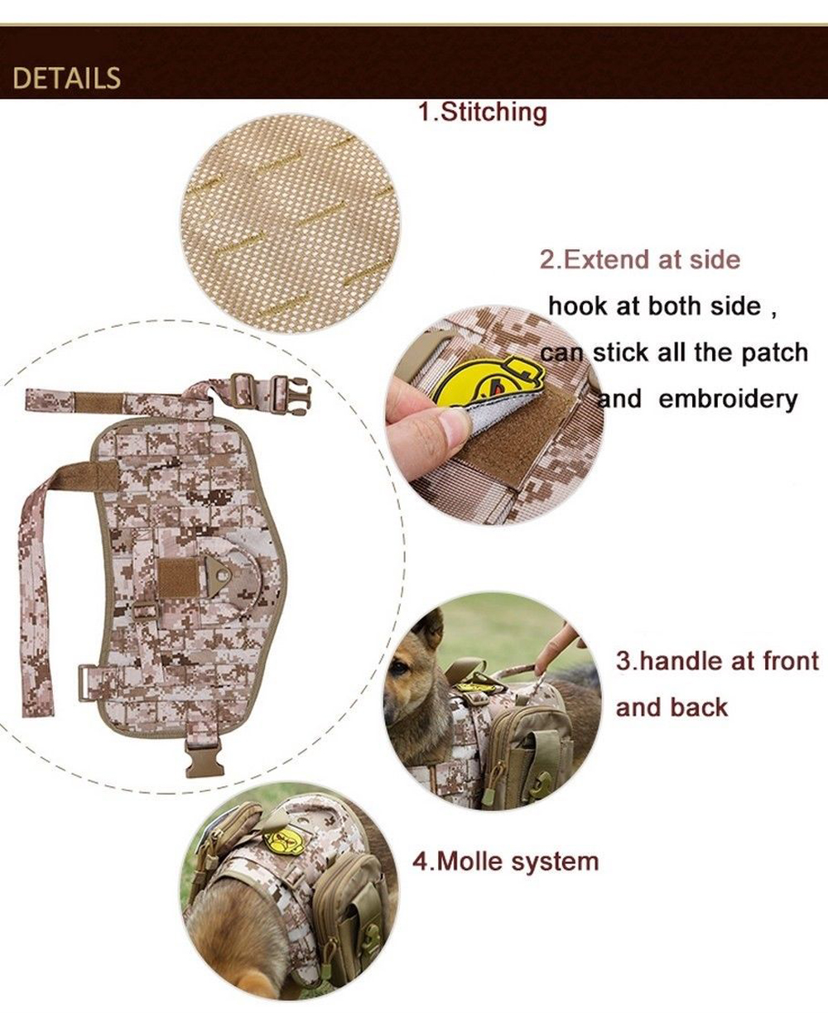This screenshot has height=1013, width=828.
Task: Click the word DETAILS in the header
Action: [x=67, y=79]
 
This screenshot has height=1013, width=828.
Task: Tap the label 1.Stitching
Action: [x=482, y=112]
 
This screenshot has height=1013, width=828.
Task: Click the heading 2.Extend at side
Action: [x=639, y=260]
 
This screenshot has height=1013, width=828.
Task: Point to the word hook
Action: [x=577, y=306]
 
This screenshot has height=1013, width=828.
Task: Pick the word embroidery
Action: [x=728, y=399]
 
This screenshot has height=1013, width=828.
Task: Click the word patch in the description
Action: [x=773, y=353]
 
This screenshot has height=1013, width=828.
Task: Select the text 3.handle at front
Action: [x=716, y=661]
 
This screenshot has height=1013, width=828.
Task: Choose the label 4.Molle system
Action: [x=505, y=862]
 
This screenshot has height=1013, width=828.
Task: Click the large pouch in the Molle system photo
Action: [x=356, y=898]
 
